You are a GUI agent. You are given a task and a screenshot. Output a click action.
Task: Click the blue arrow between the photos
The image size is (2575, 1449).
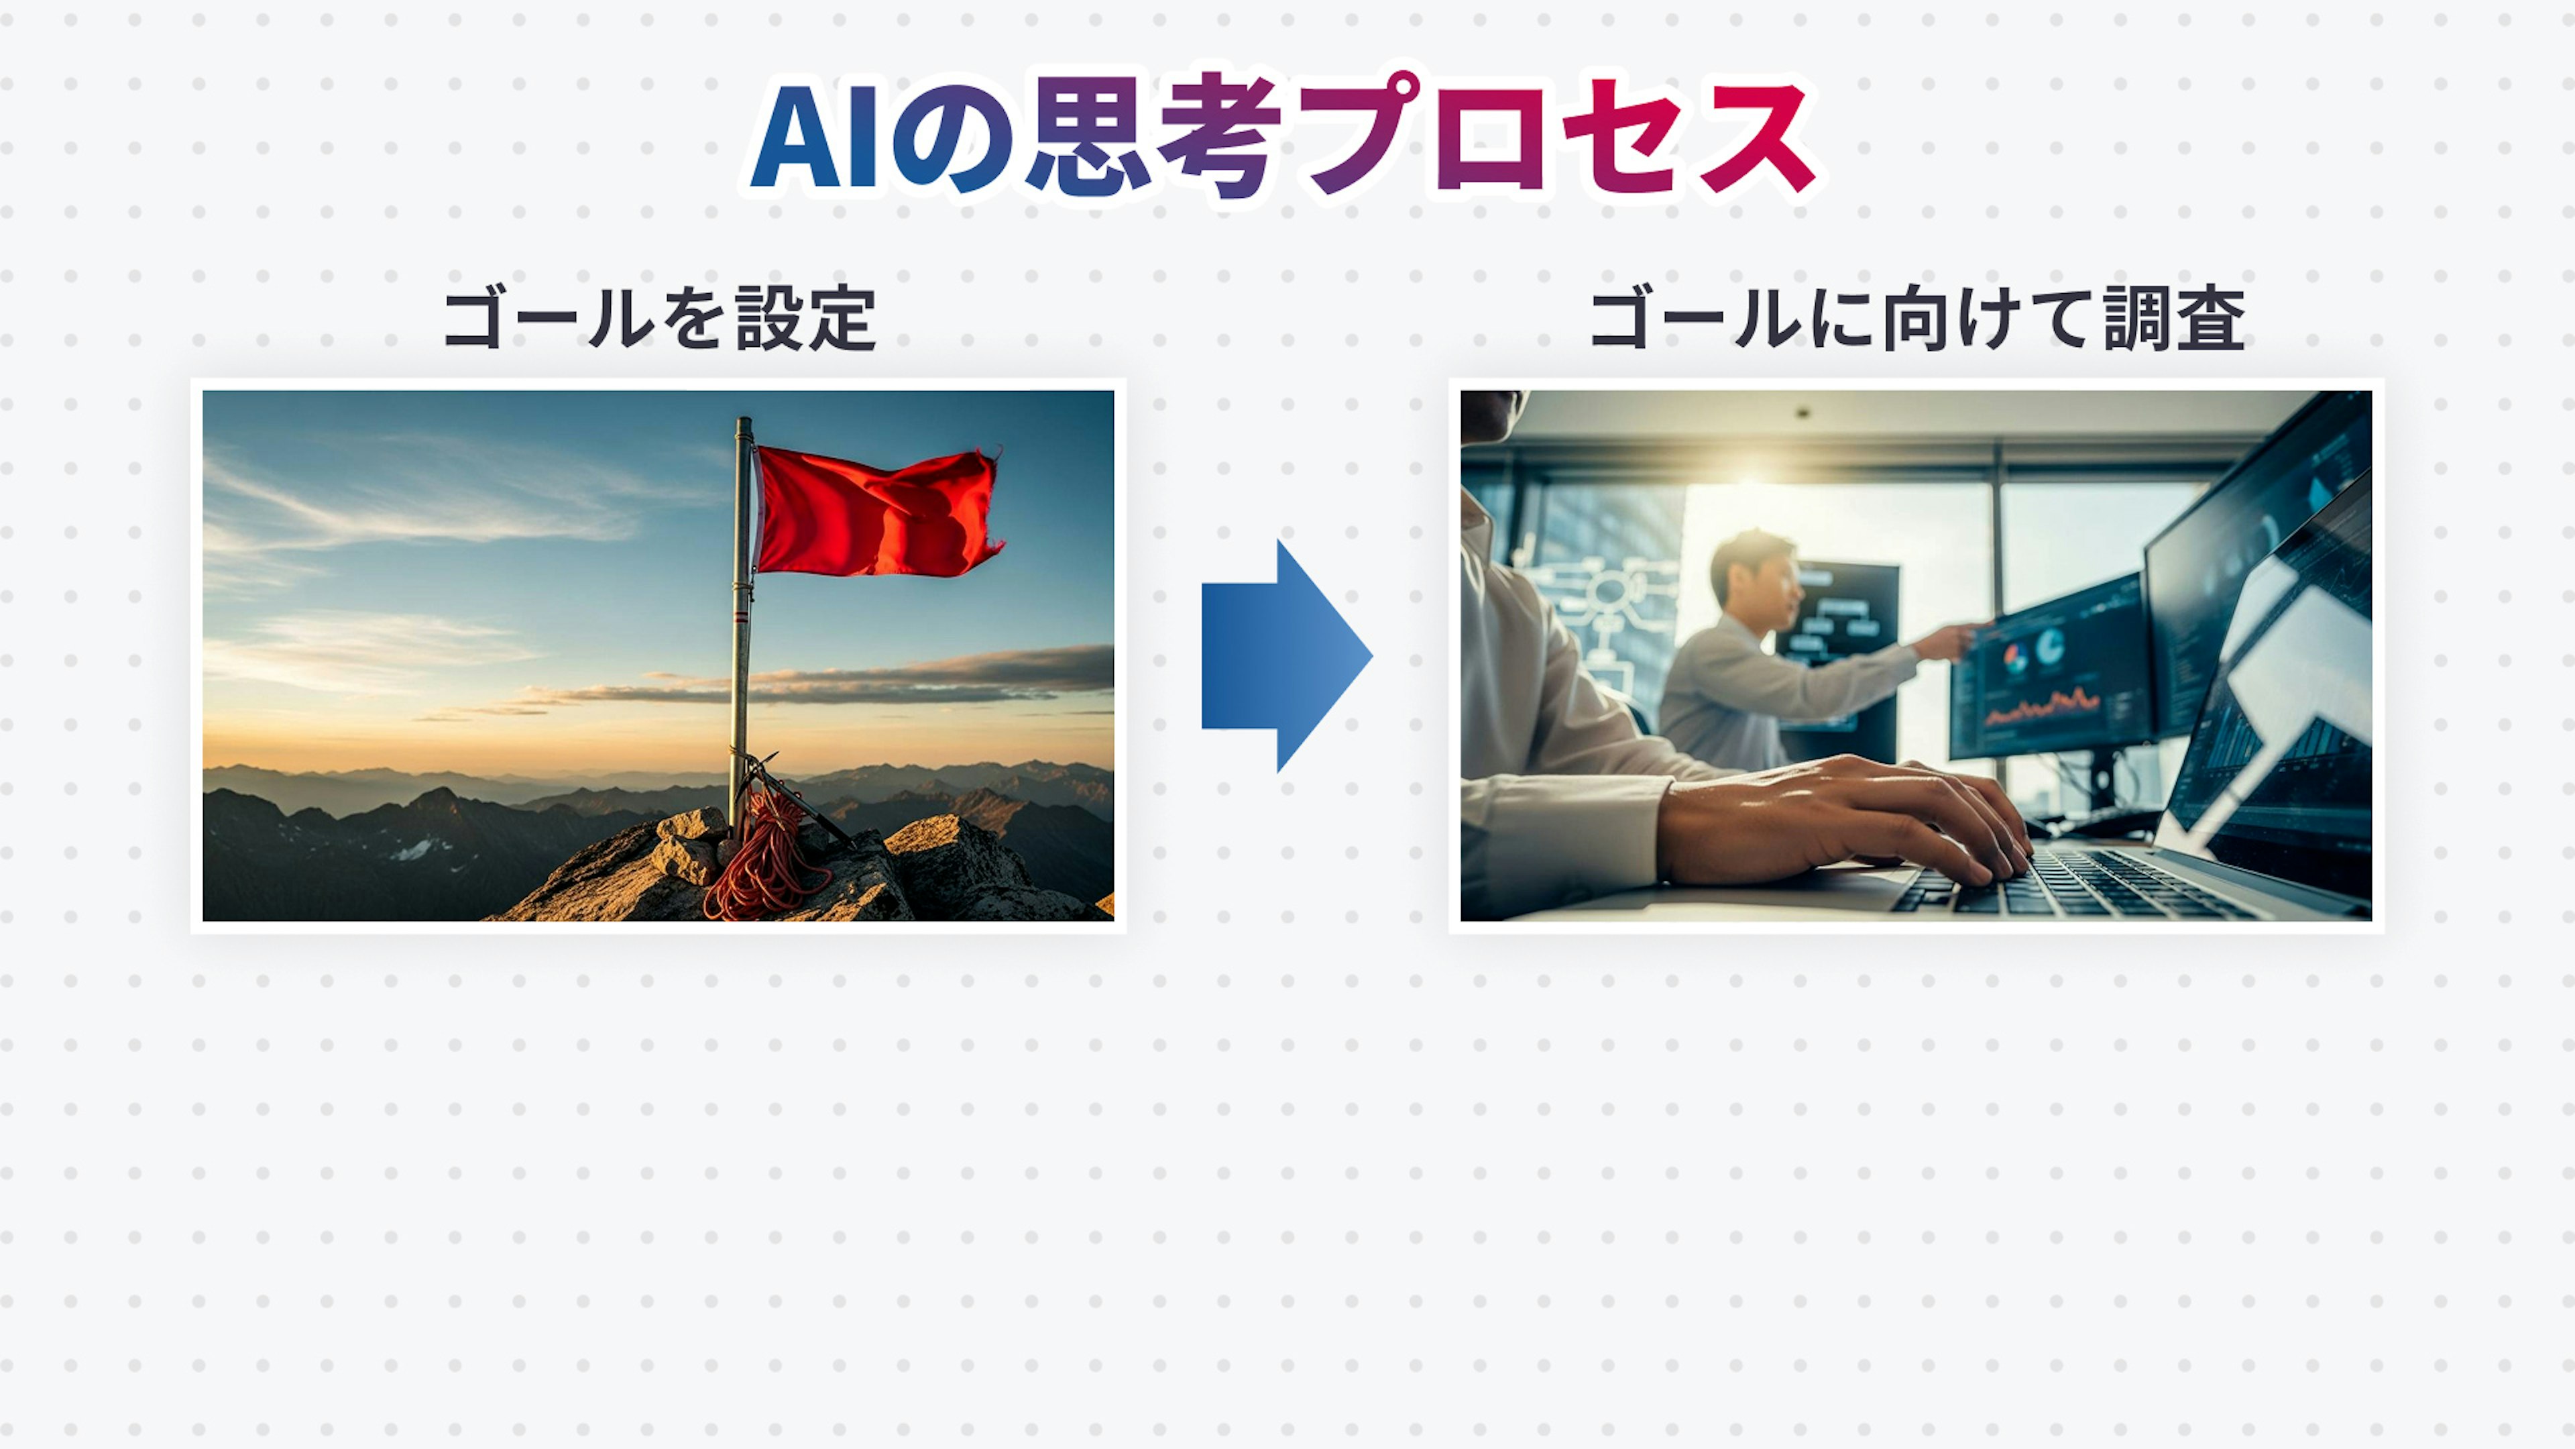1287,656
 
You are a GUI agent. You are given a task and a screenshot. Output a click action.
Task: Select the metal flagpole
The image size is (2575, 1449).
741,625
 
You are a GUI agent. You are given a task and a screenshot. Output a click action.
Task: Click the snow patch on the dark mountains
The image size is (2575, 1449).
418,849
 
